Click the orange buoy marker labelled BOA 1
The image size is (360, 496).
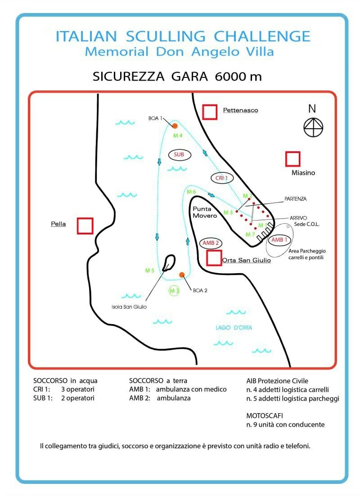point(175,126)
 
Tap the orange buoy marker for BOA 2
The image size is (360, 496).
point(182,275)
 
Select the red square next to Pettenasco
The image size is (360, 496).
point(210,112)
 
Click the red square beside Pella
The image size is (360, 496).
point(85,226)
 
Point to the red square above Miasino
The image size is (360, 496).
point(292,159)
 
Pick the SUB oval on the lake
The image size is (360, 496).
point(179,155)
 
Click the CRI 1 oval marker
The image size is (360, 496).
point(222,178)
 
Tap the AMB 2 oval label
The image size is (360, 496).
point(211,243)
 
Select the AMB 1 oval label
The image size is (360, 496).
point(279,240)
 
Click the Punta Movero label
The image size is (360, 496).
point(205,212)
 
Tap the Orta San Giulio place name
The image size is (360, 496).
point(247,260)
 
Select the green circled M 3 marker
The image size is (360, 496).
point(174,291)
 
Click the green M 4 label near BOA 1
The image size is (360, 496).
point(178,136)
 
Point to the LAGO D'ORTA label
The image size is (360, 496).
point(234,328)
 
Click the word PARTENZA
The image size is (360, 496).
point(296,199)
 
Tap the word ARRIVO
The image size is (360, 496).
point(298,218)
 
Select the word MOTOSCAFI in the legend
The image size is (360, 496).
point(265,415)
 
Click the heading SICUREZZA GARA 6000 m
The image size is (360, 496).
point(177,77)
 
